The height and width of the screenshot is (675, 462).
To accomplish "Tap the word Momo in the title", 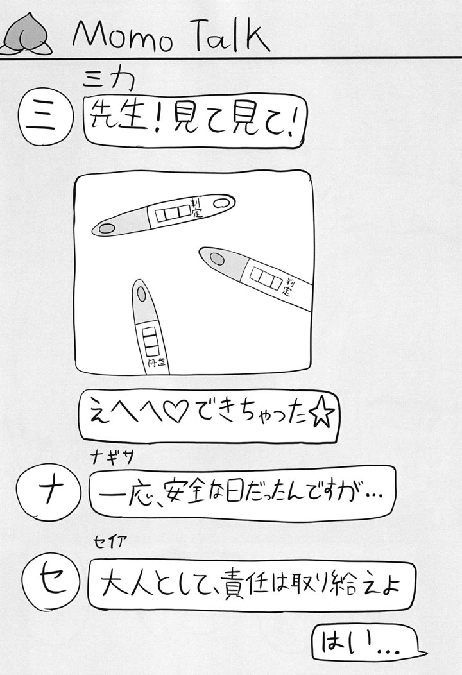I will pyautogui.click(x=123, y=38).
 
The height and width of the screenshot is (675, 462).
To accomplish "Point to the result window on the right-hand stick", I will pyautogui.click(x=264, y=277).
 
